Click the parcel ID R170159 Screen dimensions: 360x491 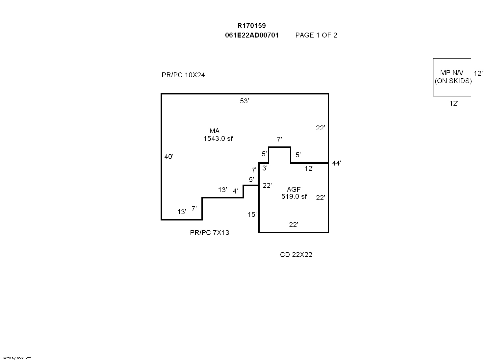pyautogui.click(x=251, y=26)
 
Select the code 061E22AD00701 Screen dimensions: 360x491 pyautogui.click(x=252, y=35)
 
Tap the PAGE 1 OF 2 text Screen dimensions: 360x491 pyautogui.click(x=316, y=35)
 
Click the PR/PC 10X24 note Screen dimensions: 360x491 pyautogui.click(x=183, y=75)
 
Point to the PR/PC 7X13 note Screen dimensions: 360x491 pyautogui.click(x=209, y=233)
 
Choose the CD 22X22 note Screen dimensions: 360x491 pyautogui.click(x=296, y=255)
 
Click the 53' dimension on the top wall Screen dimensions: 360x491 pyautogui.click(x=244, y=101)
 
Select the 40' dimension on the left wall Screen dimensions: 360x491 pyautogui.click(x=168, y=157)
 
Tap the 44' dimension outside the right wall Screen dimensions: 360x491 pyautogui.click(x=336, y=163)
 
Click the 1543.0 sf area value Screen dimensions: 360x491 pyautogui.click(x=218, y=139)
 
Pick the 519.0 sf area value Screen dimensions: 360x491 pyautogui.click(x=294, y=196)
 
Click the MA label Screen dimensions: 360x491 pyautogui.click(x=214, y=131)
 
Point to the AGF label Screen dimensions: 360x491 pyautogui.click(x=294, y=189)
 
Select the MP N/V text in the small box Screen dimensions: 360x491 pyautogui.click(x=452, y=73)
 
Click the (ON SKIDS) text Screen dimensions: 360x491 pyautogui.click(x=453, y=81)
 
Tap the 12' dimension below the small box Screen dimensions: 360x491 pyautogui.click(x=453, y=103)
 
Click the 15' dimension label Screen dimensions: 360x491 pyautogui.click(x=252, y=215)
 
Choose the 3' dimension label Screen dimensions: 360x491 pyautogui.click(x=265, y=168)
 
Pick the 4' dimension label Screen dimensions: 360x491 pyautogui.click(x=235, y=191)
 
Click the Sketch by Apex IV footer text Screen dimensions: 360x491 pyautogui.click(x=16, y=358)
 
